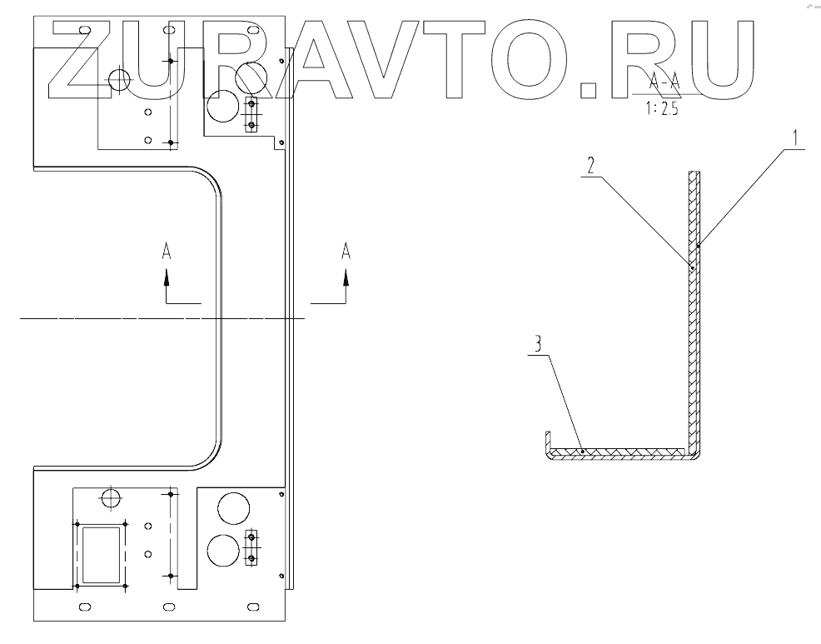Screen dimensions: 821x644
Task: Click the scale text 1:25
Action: (660, 108)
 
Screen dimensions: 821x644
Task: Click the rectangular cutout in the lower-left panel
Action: (101, 553)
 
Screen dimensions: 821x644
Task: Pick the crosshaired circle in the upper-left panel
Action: (119, 80)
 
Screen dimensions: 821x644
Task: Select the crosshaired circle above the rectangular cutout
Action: (110, 498)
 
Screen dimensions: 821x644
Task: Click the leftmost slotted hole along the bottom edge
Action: (83, 605)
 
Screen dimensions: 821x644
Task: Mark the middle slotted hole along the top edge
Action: (169, 30)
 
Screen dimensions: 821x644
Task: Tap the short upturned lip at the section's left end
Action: (548, 441)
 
